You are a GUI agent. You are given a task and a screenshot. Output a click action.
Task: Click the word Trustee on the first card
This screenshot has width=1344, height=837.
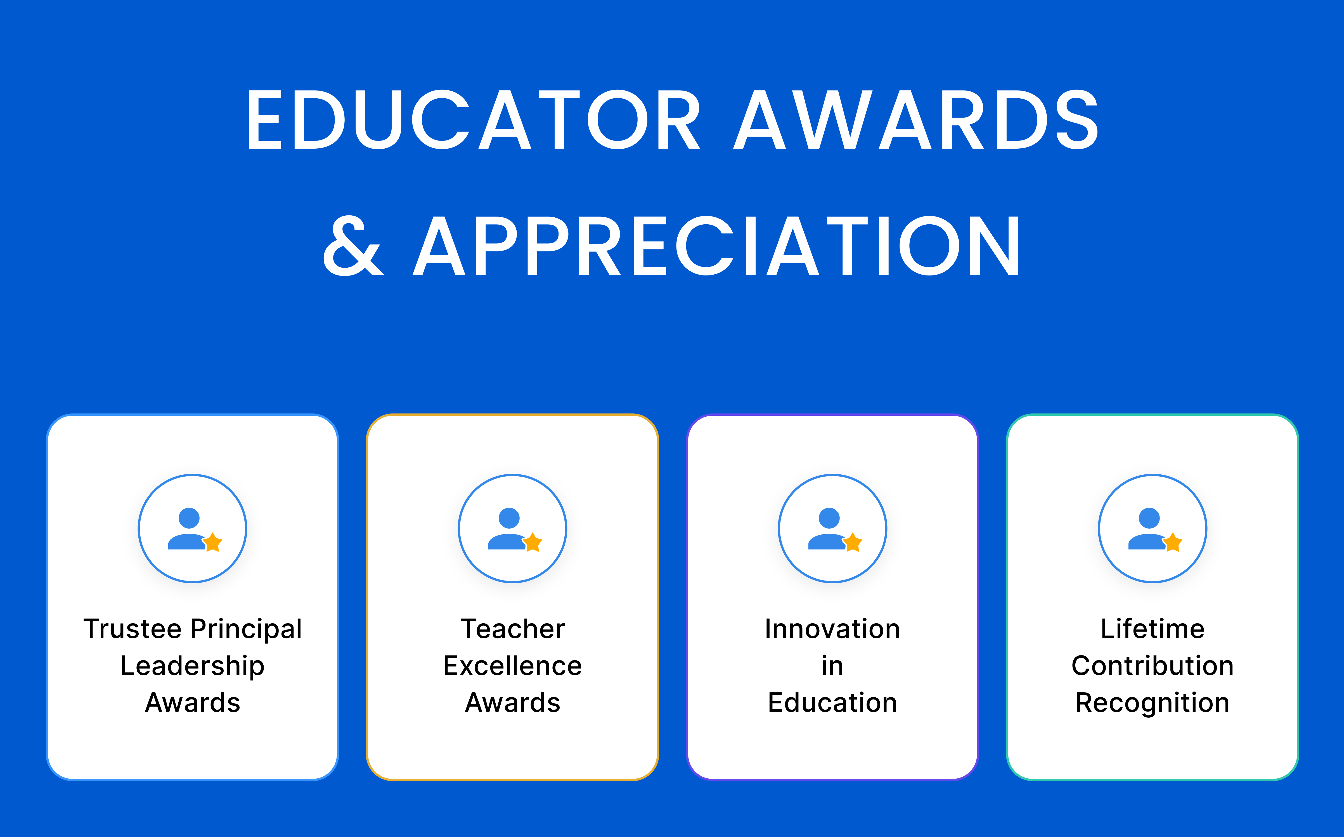tap(132, 629)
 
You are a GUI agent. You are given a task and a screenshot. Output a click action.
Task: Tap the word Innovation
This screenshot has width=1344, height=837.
tap(832, 629)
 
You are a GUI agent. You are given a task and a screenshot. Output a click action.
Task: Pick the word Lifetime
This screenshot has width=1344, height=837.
tap(1153, 629)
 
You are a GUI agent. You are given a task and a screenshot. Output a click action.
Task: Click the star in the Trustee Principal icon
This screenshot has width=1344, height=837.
tap(213, 543)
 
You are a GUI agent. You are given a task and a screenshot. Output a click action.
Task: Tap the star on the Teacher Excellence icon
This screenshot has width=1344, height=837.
tap(533, 543)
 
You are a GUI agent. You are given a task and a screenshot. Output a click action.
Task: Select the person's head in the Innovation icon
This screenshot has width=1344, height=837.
tap(829, 518)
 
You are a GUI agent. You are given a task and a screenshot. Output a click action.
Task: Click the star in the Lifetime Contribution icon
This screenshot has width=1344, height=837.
tap(1173, 543)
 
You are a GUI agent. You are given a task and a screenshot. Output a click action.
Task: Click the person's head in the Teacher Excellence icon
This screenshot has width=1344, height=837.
tap(509, 518)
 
